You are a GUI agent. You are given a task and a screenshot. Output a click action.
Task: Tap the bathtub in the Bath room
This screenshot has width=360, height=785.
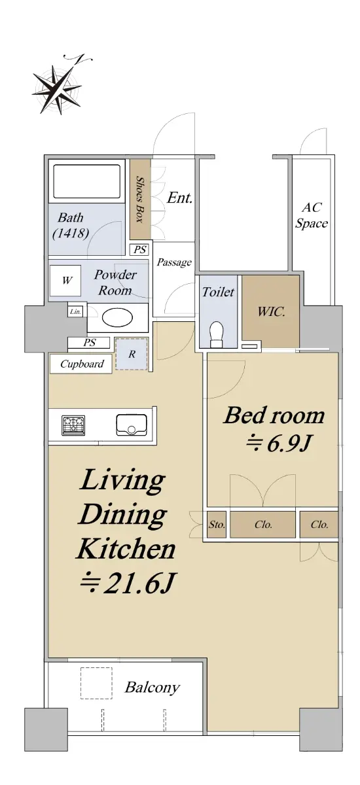click(x=86, y=182)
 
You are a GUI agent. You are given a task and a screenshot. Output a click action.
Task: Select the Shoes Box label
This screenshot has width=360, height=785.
click(x=140, y=199)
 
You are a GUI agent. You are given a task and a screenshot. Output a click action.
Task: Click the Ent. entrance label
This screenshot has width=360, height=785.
click(x=179, y=198)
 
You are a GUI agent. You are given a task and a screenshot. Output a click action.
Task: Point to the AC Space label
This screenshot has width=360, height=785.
click(x=312, y=215)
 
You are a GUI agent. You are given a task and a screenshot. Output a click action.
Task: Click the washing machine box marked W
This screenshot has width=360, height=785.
click(x=65, y=281)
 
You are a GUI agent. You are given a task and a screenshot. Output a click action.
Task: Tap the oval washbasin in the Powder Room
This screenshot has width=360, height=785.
click(x=117, y=317)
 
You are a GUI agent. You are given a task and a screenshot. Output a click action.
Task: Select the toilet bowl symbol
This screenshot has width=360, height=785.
click(x=216, y=334)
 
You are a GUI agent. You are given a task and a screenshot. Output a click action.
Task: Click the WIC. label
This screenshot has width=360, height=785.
click(x=271, y=311)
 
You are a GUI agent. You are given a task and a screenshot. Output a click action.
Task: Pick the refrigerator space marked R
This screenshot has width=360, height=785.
click(x=132, y=354)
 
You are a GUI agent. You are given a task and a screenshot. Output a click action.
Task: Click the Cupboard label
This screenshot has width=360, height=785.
click(x=82, y=364)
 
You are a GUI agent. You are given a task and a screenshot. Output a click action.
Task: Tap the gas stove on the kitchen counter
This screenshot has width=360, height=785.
click(x=73, y=425)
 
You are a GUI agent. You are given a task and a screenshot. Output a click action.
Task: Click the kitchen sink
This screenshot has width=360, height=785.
click(x=132, y=425)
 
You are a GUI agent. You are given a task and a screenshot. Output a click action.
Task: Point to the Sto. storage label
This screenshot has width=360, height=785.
click(x=217, y=525)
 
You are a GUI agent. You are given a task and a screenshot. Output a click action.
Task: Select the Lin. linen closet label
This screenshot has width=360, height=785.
click(x=75, y=311)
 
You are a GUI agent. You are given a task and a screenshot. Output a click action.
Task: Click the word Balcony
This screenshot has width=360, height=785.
click(x=153, y=688)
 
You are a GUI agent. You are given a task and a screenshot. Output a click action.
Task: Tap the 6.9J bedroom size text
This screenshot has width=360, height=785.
click(x=279, y=444)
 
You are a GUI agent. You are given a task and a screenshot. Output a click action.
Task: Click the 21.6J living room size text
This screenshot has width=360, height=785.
click(x=127, y=584)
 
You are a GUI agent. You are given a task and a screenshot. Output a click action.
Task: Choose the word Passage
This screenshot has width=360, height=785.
click(x=174, y=262)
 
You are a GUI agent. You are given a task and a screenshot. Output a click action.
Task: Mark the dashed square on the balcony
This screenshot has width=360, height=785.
click(x=96, y=683)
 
